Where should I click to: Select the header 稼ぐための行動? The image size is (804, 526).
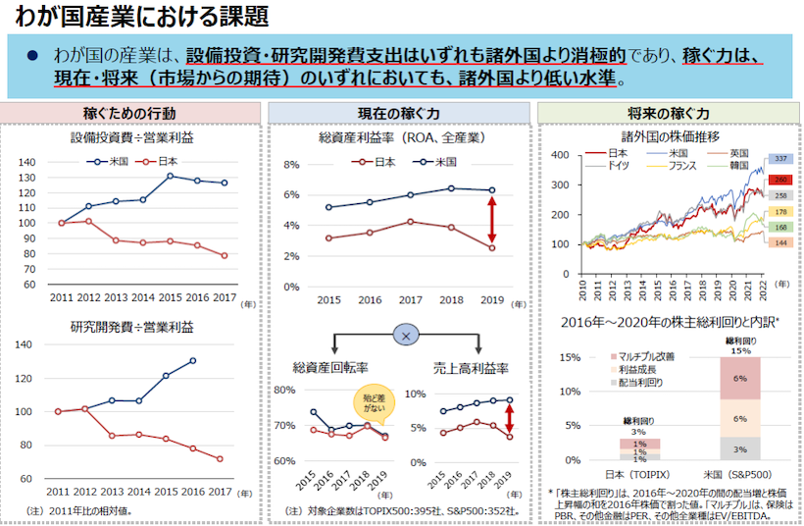[x=131, y=114]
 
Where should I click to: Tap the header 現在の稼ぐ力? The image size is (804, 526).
[x=402, y=114]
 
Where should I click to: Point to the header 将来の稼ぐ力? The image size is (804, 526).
[x=669, y=114]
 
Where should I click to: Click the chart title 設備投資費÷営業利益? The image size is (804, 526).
[x=132, y=139]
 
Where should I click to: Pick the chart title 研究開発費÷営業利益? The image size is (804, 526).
[x=132, y=327]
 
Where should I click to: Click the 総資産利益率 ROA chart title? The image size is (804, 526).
[x=402, y=138]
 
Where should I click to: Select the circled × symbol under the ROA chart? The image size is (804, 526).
[x=405, y=335]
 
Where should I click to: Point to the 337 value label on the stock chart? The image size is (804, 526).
[x=781, y=159]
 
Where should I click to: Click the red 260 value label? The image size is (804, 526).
[x=781, y=181]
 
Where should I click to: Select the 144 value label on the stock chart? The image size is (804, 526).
[x=781, y=242]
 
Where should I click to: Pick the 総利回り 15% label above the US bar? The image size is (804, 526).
[x=739, y=344]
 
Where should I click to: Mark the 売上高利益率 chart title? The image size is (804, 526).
[x=471, y=368]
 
